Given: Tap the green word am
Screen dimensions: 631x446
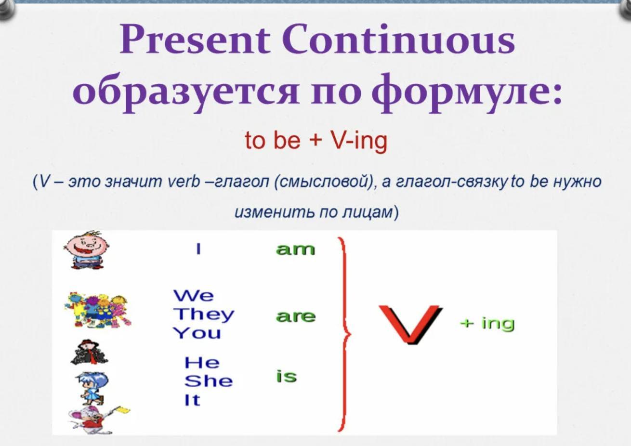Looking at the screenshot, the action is pos(295,249).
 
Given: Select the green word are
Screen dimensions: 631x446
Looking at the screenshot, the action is pos(295,317).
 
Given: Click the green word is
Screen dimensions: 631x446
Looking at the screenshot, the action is pos(286,376).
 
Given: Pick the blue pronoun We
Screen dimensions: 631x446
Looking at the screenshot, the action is pos(194,296).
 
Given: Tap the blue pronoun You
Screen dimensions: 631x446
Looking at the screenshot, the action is pos(197,333).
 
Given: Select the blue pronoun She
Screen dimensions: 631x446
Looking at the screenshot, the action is pos(209,381).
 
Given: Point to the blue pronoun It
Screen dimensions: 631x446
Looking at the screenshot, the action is pos(192,400).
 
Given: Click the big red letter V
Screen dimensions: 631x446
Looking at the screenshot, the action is pos(411,325).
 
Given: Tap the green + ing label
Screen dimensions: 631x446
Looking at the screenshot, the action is pos(487,324).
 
